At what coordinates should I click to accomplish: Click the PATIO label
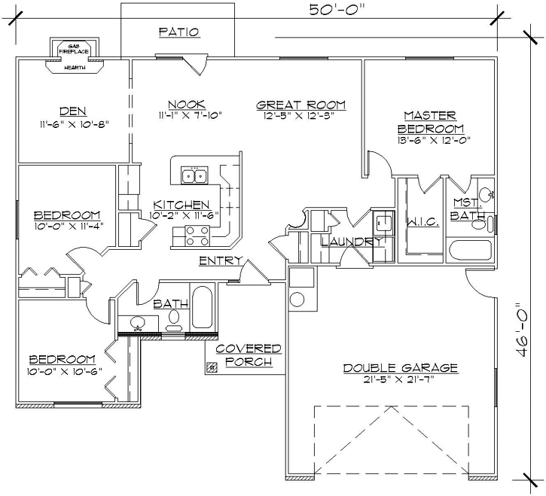pyautogui.click(x=178, y=32)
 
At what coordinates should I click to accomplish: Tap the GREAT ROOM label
pyautogui.click(x=300, y=104)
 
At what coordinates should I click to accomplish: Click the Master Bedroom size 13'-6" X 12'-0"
pyautogui.click(x=429, y=140)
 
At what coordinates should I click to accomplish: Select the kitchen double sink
pyautogui.click(x=194, y=176)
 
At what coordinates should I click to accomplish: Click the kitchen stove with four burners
pyautogui.click(x=194, y=241)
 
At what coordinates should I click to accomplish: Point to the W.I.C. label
pyautogui.click(x=417, y=223)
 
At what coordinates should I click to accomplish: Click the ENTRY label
pyautogui.click(x=220, y=260)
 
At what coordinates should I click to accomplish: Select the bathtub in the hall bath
pyautogui.click(x=203, y=309)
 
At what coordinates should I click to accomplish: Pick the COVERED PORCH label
pyautogui.click(x=249, y=355)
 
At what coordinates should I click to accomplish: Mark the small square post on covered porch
pyautogui.click(x=212, y=367)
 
